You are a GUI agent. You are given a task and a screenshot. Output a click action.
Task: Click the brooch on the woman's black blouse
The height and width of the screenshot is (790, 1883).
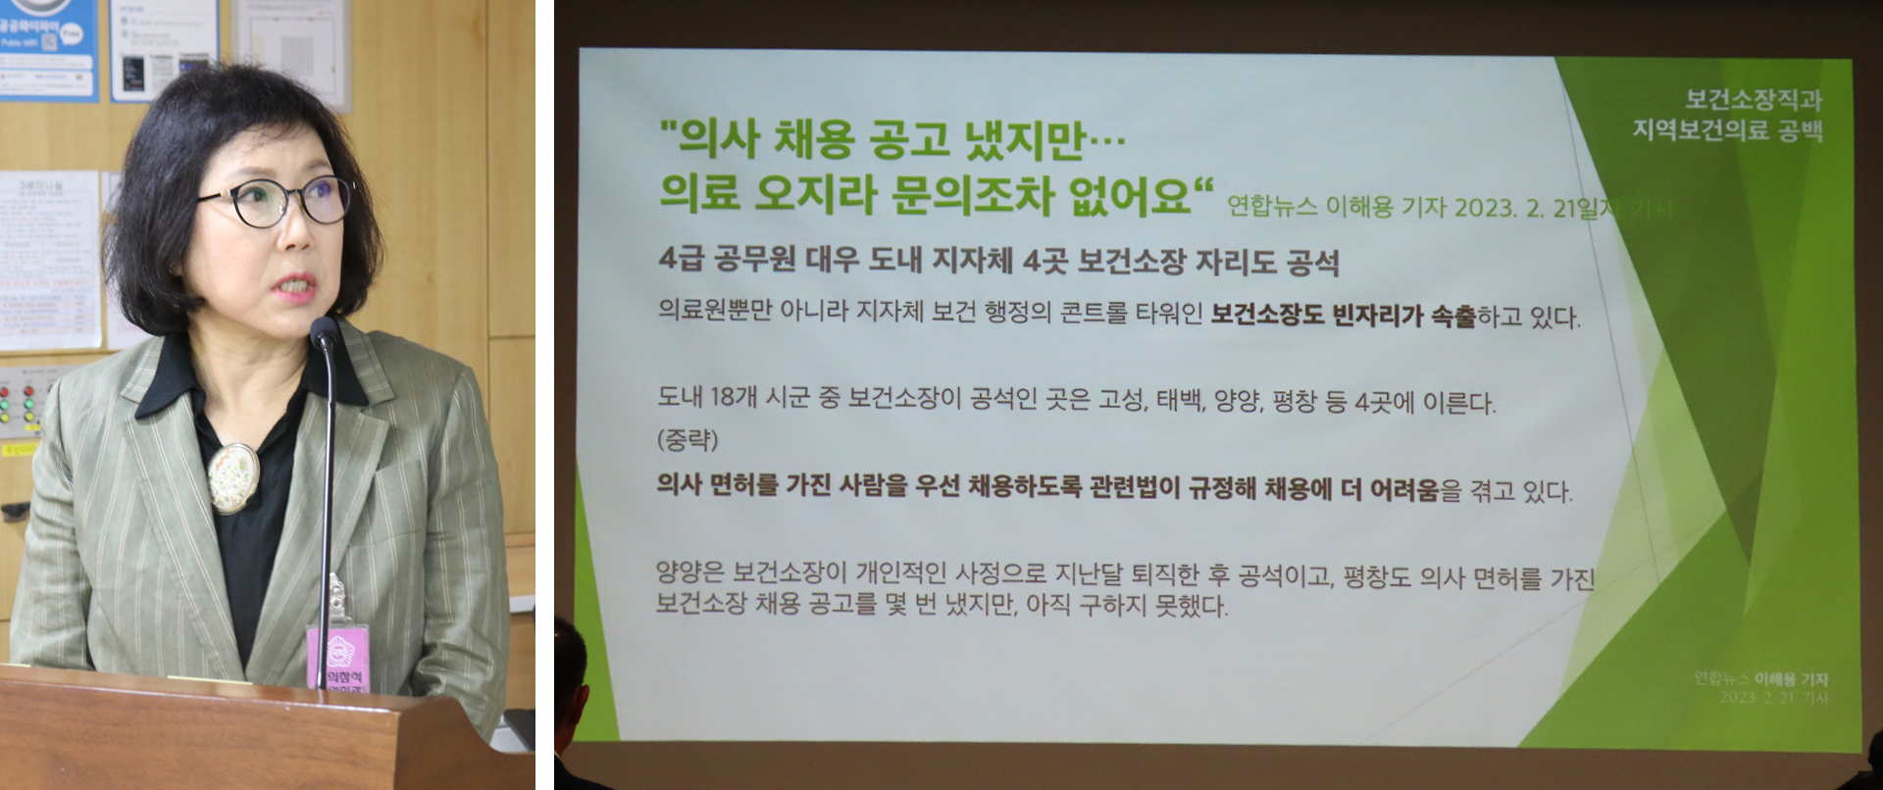[232, 475]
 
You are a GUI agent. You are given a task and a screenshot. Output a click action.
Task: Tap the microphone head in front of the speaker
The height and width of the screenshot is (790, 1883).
[324, 334]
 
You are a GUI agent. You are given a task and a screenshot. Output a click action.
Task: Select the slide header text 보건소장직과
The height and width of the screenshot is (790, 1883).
[1753, 99]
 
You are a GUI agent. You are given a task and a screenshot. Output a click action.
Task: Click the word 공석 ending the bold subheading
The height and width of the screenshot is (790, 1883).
[1312, 263]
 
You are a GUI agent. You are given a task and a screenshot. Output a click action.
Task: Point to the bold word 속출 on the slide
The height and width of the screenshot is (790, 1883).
[1452, 316]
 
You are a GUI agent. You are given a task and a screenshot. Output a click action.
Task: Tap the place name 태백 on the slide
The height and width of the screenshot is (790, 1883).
[1179, 400]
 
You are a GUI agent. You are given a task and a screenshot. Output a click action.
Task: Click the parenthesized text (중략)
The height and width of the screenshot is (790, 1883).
[687, 440]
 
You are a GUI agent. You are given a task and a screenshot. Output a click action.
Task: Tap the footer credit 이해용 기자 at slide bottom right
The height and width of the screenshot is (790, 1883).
[1791, 679]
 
